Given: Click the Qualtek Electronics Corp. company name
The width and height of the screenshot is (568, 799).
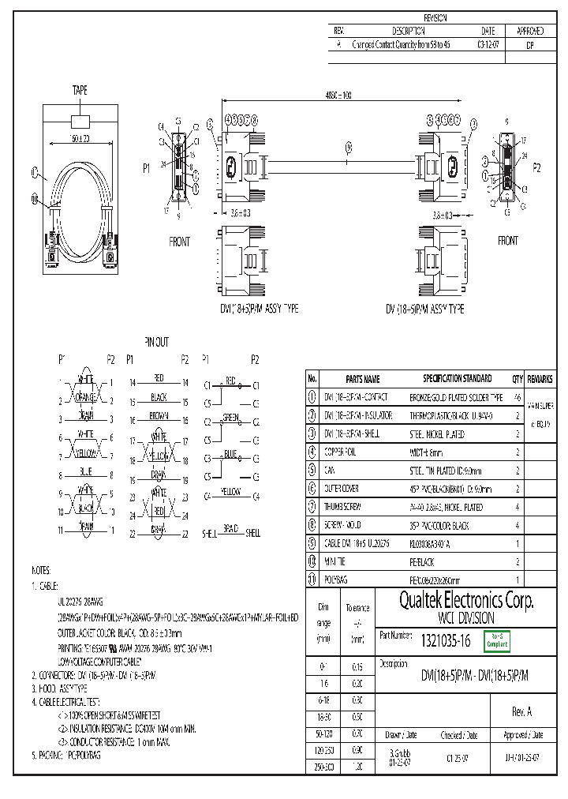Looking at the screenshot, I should pos(456,601).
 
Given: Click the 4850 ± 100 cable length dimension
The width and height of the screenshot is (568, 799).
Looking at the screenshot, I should pos(339,96).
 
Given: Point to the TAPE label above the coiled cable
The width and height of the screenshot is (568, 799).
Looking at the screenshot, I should pos(80,92).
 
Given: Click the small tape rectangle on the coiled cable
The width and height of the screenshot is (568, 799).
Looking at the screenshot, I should pos(81,121).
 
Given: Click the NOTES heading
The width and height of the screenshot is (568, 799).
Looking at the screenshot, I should pos(41,569).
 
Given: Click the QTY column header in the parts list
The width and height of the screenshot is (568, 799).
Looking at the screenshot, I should pos(518,378).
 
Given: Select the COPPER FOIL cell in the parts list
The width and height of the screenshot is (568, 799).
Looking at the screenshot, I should pos(341,452).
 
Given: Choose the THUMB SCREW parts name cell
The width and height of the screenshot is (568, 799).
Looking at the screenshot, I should pos(344,507).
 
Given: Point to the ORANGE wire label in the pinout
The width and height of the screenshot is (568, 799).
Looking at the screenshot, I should pos(86,396).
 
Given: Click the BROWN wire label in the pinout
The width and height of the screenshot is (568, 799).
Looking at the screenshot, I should pos(159,415).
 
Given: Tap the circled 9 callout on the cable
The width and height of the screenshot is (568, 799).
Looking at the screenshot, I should pos(349,148).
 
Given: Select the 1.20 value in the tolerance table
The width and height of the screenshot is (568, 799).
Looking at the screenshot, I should pos(357,767).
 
